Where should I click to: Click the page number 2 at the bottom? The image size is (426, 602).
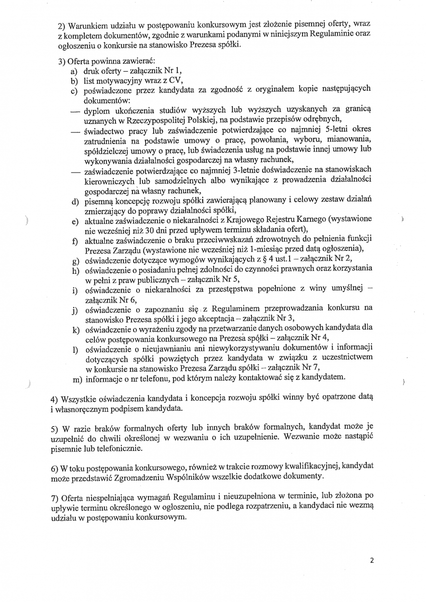[372, 561]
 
